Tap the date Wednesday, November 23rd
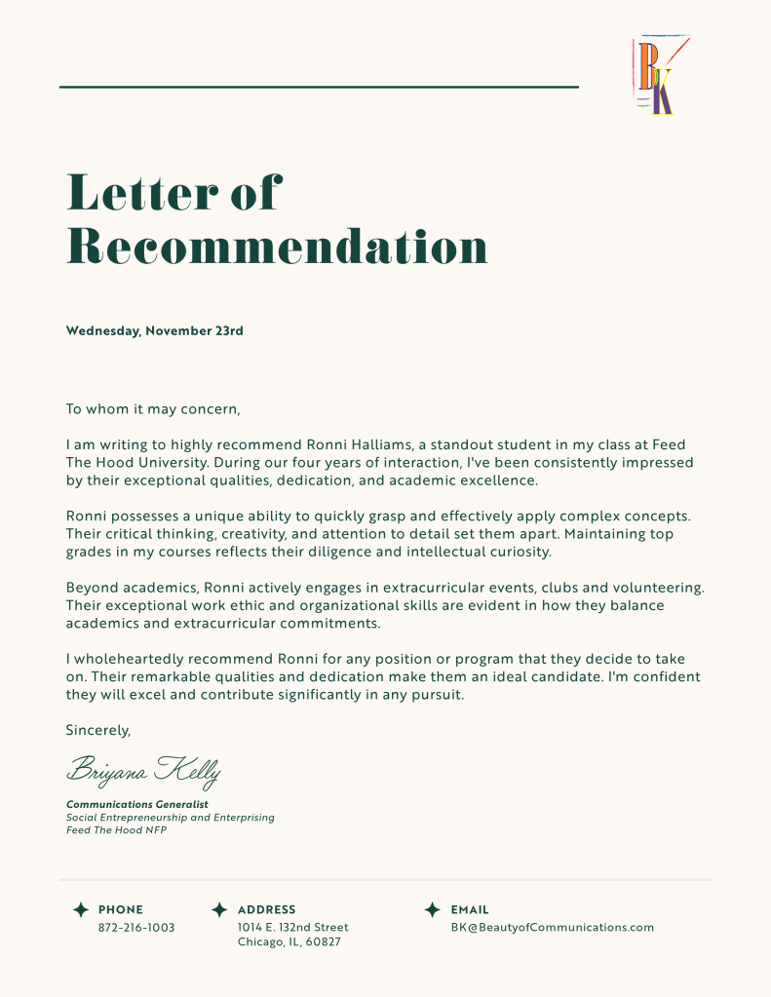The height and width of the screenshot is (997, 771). click(154, 331)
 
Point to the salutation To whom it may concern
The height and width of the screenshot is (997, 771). click(152, 409)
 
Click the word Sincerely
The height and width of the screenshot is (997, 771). click(97, 730)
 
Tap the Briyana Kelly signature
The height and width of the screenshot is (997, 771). click(143, 771)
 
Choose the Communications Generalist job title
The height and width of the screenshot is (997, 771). click(136, 804)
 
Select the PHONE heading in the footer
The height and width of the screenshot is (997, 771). click(121, 910)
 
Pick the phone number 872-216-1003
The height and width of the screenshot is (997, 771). click(136, 928)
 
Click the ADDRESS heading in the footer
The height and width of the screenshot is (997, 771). click(266, 910)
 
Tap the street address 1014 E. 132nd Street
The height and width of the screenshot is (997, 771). click(292, 928)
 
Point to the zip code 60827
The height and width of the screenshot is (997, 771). click(322, 943)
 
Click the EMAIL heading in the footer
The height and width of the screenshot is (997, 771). click(470, 910)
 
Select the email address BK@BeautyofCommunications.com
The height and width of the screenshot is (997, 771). click(552, 928)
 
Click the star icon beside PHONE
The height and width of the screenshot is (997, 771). click(81, 909)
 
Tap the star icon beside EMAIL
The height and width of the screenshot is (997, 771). click(433, 909)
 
